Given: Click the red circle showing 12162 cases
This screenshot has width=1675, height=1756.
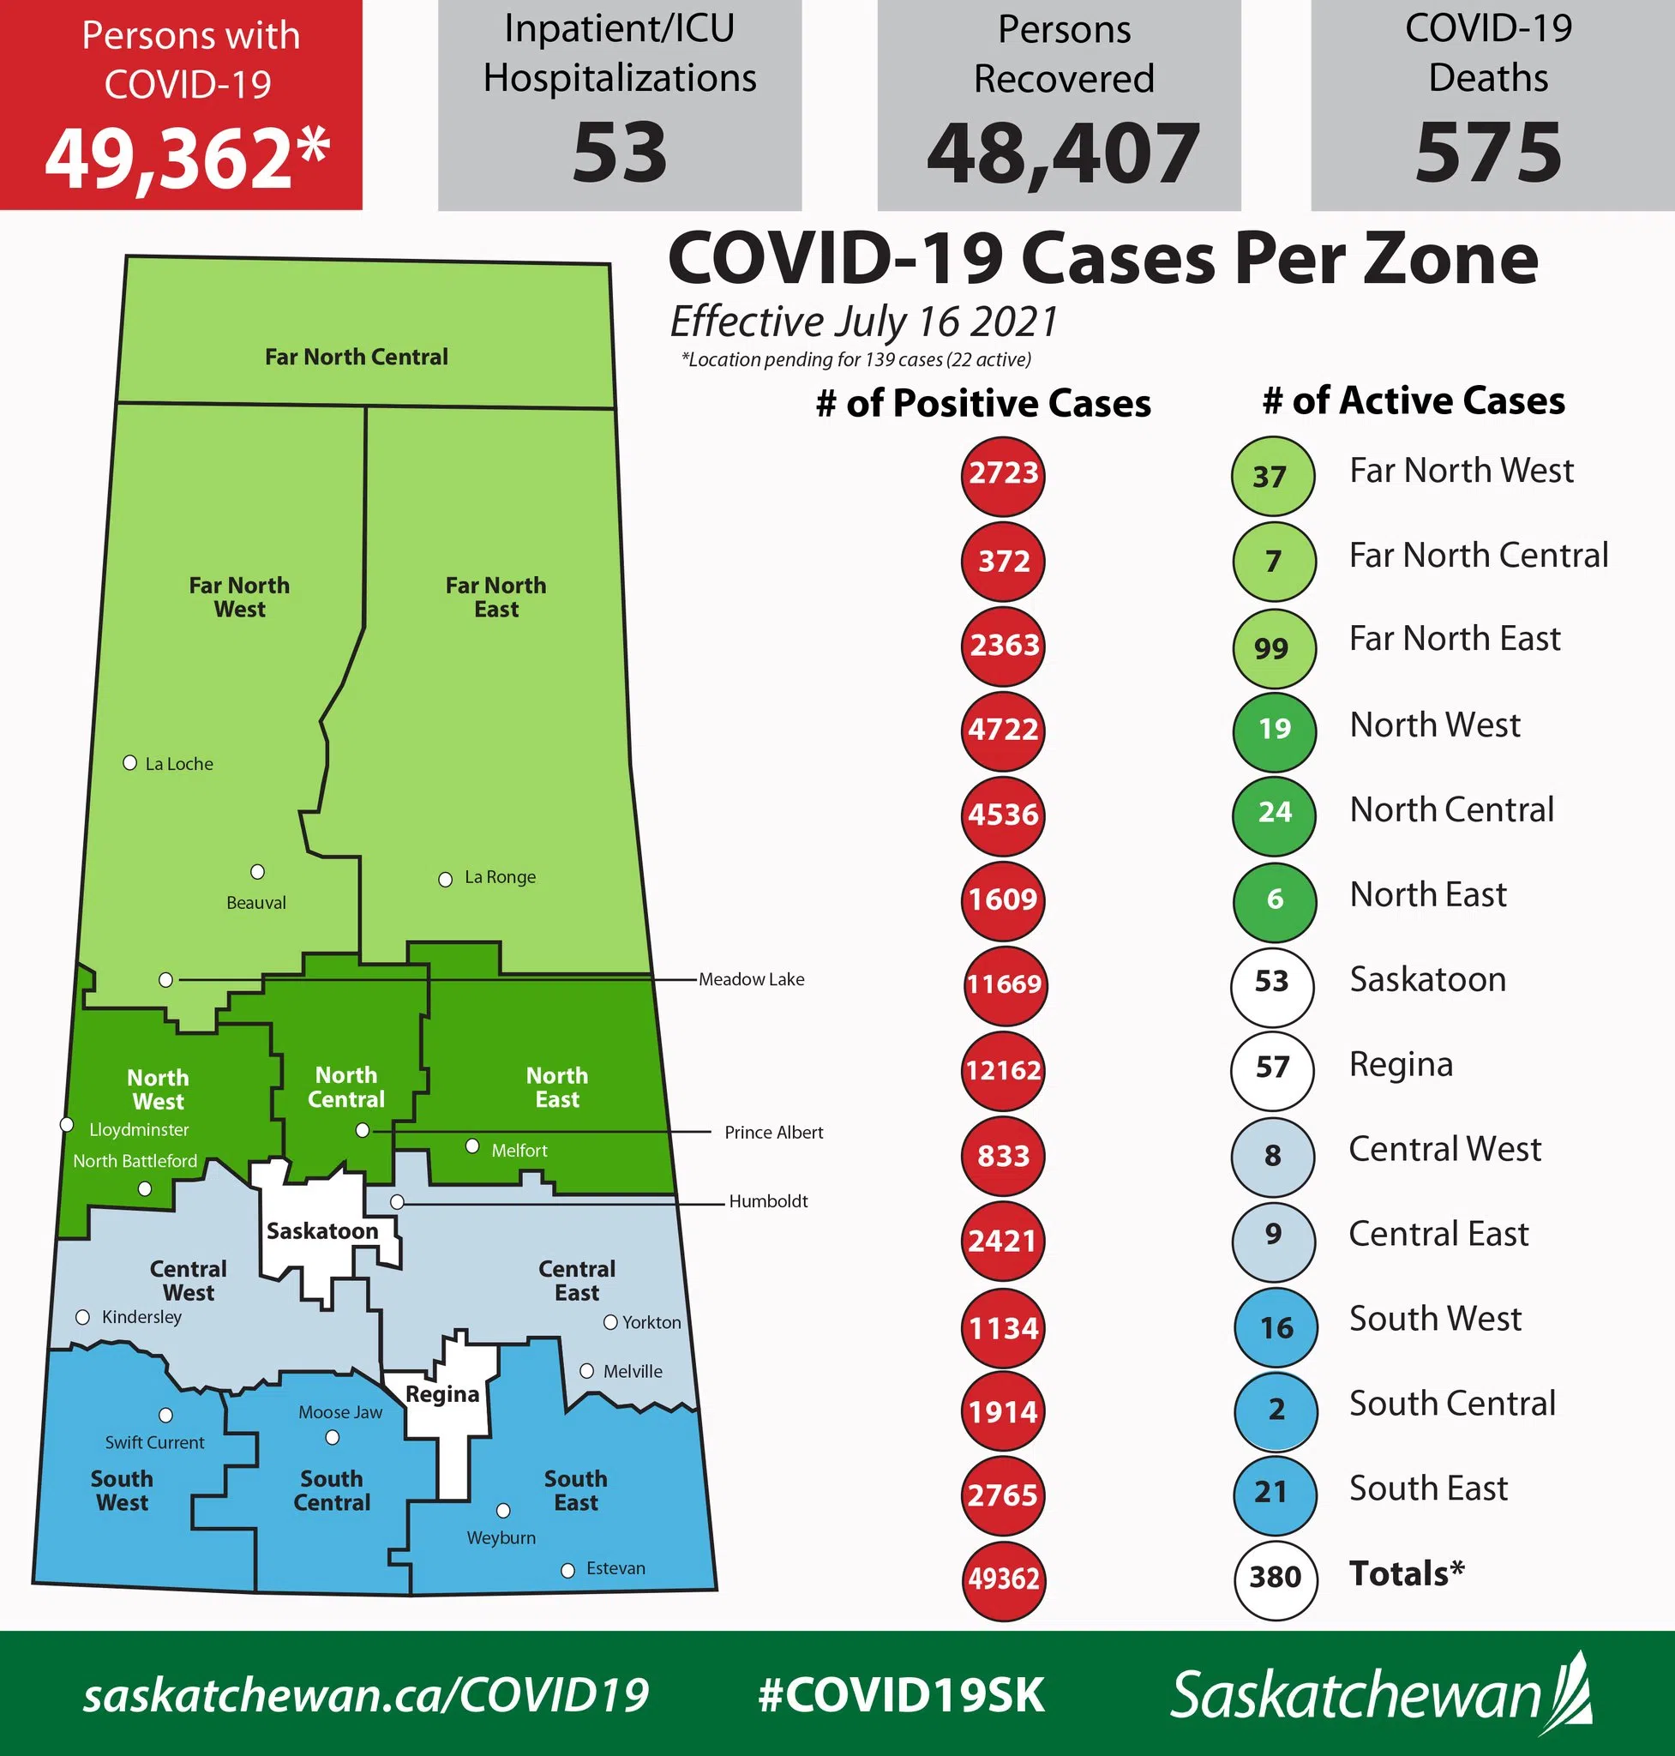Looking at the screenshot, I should click(x=1003, y=1070).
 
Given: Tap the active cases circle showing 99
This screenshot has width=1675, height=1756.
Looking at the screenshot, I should click(x=1272, y=647).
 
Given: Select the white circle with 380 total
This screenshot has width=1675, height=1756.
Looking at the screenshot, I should click(x=1274, y=1578).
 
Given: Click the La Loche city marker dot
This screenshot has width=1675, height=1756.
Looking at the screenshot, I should click(x=130, y=763).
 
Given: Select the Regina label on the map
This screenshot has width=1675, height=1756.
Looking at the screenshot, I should click(x=443, y=1394).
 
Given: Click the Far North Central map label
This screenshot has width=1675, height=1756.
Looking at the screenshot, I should click(x=357, y=358).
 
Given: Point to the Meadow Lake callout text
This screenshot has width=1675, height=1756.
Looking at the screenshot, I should click(x=751, y=980).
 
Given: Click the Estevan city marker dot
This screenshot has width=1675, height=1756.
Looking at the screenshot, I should click(x=567, y=1570).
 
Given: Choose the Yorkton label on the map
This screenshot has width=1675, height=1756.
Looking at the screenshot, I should click(x=651, y=1322).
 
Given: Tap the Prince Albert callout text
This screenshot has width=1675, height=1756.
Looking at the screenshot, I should click(x=773, y=1133).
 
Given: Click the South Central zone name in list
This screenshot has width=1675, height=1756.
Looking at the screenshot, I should click(x=1452, y=1404).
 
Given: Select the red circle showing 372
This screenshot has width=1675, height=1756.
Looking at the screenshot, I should click(x=1004, y=562).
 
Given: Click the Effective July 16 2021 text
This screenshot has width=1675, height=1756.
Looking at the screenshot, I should click(x=863, y=322).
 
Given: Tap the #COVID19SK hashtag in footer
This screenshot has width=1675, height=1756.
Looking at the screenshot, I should click(x=901, y=1694).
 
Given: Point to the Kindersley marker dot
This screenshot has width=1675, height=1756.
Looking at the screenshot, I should click(x=83, y=1318).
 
